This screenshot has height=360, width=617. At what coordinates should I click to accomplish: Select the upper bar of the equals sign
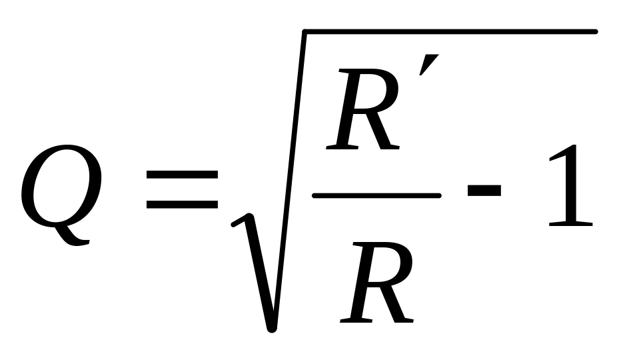pos(182,174)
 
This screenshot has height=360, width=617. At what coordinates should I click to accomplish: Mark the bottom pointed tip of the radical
pos(271,327)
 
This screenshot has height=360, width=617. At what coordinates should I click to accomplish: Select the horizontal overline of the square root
pos(446,31)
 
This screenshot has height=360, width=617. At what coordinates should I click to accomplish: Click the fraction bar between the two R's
pos(376,195)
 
